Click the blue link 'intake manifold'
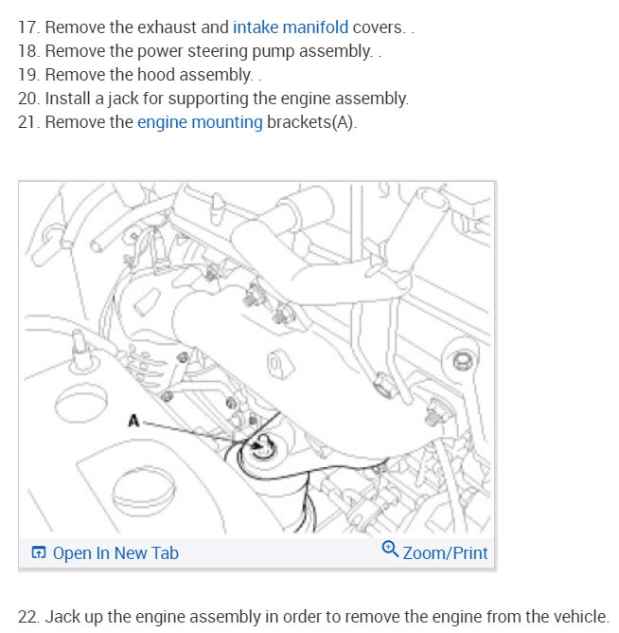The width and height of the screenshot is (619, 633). point(291,27)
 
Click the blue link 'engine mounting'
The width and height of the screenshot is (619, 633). point(200,122)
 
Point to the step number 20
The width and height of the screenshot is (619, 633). point(28,99)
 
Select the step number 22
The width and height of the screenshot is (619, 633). point(28,615)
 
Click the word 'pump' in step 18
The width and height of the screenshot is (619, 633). point(258,51)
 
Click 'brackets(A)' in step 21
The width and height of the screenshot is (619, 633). point(311,122)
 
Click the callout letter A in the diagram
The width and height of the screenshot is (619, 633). point(133,422)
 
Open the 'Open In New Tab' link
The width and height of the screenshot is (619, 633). point(115,553)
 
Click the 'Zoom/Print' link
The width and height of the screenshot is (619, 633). point(445,552)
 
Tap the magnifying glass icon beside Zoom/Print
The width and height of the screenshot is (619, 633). point(389,550)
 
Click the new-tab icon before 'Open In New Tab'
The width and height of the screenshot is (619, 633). point(39,553)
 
